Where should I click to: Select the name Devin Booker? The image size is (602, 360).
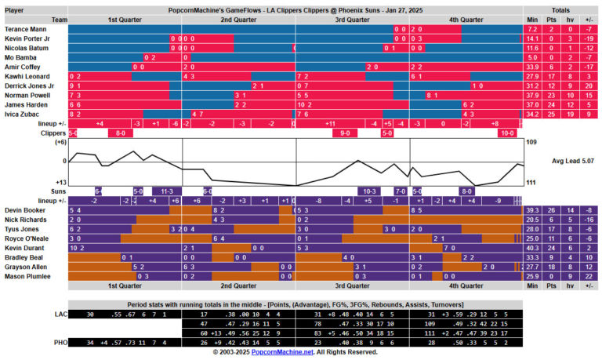[24, 210]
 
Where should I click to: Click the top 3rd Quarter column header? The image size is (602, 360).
[352, 19]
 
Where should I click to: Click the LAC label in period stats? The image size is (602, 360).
[61, 314]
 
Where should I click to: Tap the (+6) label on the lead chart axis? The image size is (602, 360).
[60, 142]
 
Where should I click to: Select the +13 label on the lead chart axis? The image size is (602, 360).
[60, 182]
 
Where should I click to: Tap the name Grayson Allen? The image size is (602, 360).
[26, 267]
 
